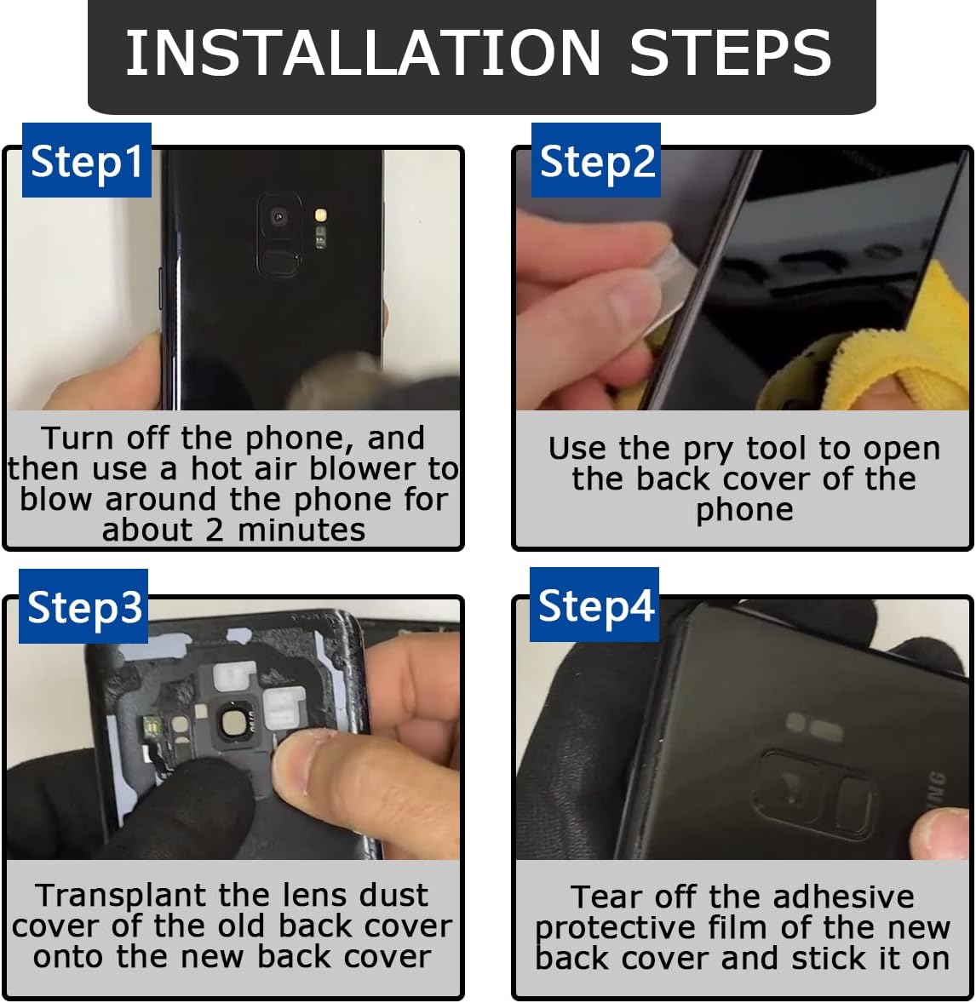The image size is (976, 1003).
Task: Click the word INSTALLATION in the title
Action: point(363,53)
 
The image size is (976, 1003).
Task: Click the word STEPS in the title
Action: point(730,53)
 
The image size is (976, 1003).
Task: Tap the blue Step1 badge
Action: point(87,160)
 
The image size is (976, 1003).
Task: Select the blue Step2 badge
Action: point(596,160)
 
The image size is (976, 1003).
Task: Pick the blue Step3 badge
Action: point(83,605)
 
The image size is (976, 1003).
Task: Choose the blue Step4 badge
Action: point(594,605)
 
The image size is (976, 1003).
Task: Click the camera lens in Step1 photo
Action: point(278,217)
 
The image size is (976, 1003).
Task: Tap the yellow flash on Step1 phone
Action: point(321,215)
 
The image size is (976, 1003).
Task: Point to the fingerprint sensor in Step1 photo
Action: point(278,262)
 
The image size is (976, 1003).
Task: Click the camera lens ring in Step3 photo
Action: point(231,723)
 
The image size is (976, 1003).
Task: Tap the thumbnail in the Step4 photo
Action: point(941,834)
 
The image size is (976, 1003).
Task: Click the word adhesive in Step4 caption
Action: point(843,897)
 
